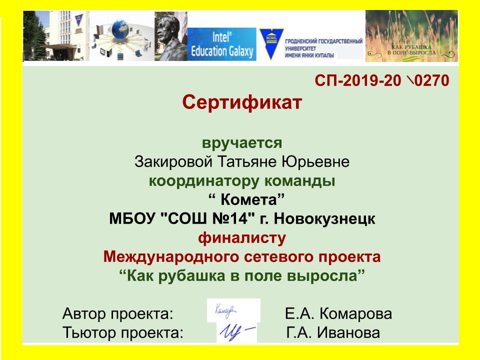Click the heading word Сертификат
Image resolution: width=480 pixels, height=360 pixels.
242,102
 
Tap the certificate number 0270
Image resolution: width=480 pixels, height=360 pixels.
431,80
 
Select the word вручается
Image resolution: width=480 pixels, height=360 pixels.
242,143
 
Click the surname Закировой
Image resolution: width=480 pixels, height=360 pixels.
173,161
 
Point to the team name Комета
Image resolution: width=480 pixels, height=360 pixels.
248,200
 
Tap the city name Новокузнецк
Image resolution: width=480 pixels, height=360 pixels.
324,218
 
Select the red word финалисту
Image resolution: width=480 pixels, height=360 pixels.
242,238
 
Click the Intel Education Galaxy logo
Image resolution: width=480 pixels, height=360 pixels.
221,44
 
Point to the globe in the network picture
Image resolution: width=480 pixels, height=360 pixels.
120,29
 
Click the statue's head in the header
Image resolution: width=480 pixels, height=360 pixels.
168,28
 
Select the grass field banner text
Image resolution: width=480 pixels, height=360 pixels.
411,50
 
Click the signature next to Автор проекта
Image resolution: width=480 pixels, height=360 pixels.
226,310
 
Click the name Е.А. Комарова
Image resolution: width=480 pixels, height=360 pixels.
338,314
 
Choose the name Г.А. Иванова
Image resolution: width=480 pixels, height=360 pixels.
333,332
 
